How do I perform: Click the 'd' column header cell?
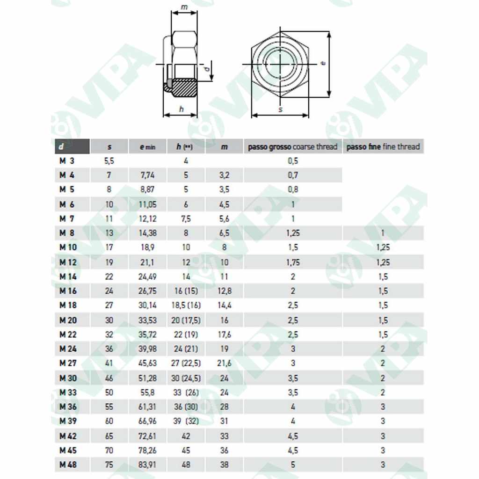[x=72, y=146]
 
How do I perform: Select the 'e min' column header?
[x=147, y=146]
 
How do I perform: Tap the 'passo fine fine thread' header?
[x=383, y=146]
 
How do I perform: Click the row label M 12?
[x=68, y=262]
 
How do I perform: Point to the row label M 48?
[x=68, y=464]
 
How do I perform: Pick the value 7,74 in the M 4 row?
[x=147, y=175]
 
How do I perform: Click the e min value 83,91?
[x=147, y=464]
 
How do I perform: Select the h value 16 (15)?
[x=186, y=291]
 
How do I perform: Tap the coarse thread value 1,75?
[x=293, y=262]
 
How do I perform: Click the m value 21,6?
[x=224, y=363]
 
